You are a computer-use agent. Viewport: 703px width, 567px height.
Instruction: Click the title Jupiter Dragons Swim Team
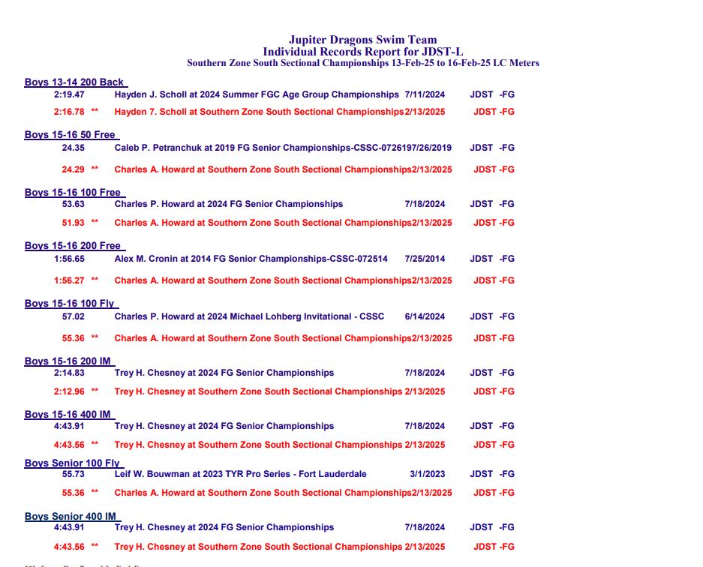tap(362, 40)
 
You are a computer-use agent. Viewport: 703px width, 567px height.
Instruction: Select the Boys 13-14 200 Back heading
tap(74, 82)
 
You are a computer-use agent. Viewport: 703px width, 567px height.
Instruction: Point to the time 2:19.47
tap(69, 95)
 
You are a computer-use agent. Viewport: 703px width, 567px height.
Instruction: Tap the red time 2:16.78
tap(69, 112)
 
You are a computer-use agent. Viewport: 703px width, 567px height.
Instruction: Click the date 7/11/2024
tap(425, 95)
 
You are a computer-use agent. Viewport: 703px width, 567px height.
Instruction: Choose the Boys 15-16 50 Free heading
tap(70, 135)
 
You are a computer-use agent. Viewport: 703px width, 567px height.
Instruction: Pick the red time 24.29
tap(73, 169)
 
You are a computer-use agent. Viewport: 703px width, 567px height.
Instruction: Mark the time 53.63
tap(73, 204)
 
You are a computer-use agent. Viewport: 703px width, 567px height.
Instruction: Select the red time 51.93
tap(73, 223)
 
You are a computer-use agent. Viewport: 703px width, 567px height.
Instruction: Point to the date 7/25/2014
tap(425, 259)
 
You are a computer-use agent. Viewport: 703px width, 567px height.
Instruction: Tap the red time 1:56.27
tap(69, 280)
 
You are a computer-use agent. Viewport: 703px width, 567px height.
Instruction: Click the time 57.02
tap(73, 316)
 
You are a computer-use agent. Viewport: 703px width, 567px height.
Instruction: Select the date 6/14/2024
tap(425, 316)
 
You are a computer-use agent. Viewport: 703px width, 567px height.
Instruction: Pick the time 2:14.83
tap(69, 373)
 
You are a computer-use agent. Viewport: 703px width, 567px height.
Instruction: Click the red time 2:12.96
tap(69, 391)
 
